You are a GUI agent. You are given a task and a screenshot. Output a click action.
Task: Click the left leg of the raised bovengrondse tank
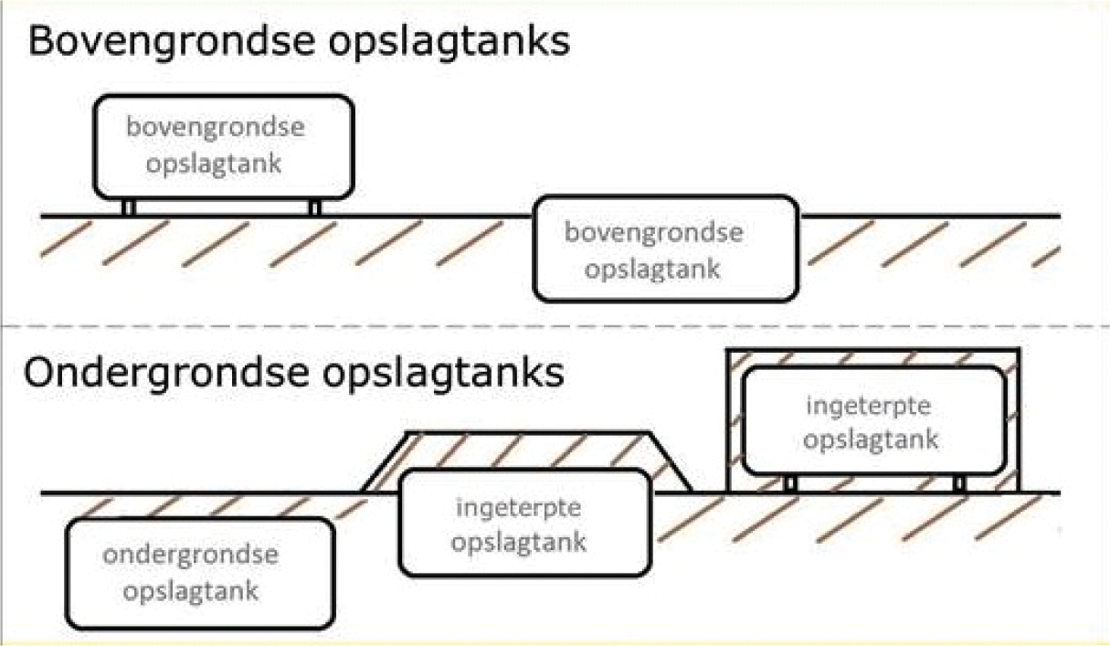point(129,207)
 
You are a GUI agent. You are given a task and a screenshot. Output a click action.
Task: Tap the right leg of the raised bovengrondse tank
point(314,207)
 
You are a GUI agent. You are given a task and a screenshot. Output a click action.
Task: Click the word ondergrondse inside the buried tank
point(190,555)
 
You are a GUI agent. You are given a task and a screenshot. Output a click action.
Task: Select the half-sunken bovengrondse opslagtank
point(665,249)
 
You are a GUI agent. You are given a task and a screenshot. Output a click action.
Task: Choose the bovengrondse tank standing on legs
point(223,146)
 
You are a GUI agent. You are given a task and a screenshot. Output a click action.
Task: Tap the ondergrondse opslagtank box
point(197,572)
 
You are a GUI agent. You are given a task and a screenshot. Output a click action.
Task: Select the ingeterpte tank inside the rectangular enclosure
point(872,420)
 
